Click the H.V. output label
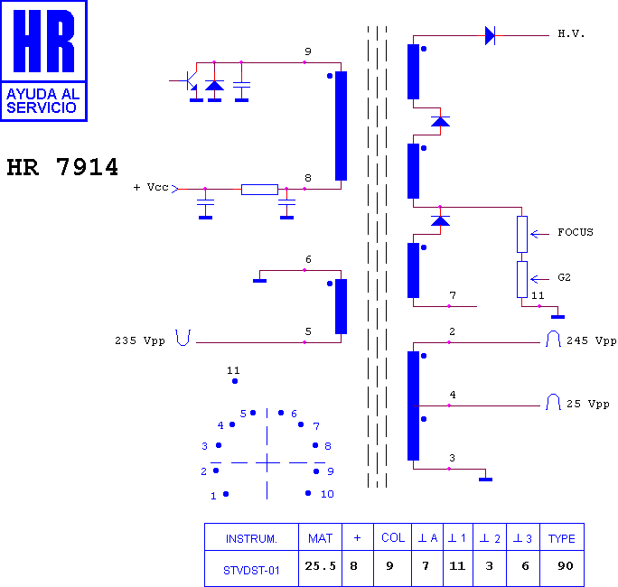(x=571, y=34)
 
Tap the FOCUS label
(x=575, y=232)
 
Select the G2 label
(x=564, y=278)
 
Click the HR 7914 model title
(x=62, y=167)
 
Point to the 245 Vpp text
(x=591, y=340)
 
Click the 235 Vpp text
(x=140, y=340)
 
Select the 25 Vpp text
(x=588, y=405)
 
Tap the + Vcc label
(x=151, y=187)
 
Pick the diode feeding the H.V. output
(x=490, y=35)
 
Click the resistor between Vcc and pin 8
(x=259, y=190)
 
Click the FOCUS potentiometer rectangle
(x=522, y=235)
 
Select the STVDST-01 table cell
(x=251, y=570)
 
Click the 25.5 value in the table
(x=320, y=566)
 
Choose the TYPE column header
(x=562, y=538)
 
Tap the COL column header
(x=393, y=537)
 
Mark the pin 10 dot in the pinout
(x=308, y=493)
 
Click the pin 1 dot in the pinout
(x=226, y=494)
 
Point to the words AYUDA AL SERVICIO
(x=43, y=101)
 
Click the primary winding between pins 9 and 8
(x=341, y=126)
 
